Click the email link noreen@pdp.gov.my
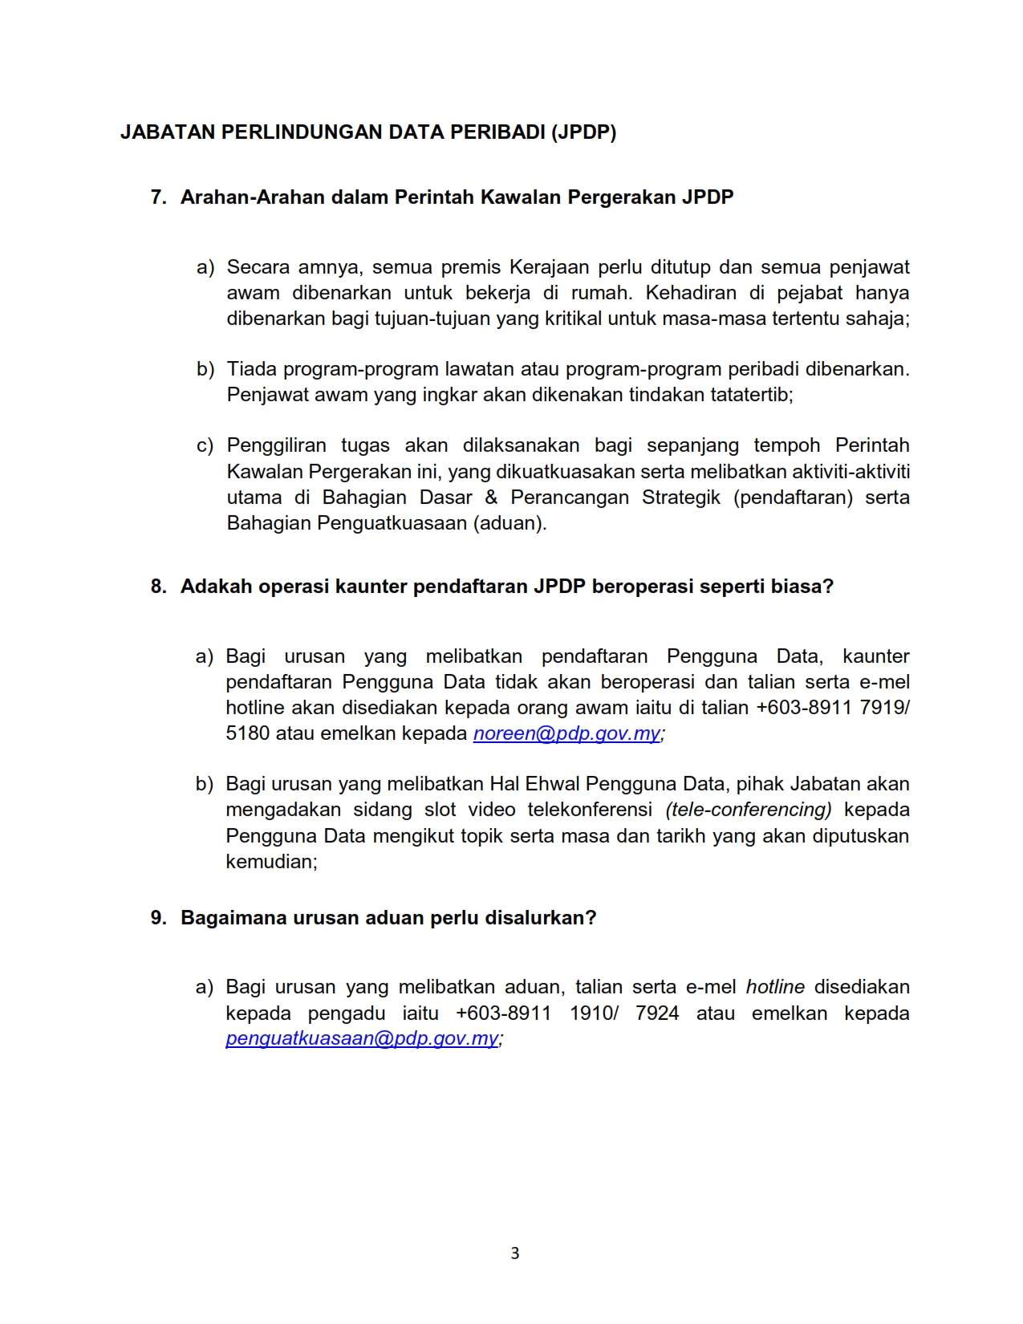(566, 733)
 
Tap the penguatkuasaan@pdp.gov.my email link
(362, 1038)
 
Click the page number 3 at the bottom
(514, 1253)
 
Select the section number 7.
(158, 197)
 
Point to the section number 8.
(158, 587)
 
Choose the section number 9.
(158, 918)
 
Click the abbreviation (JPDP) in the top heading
(583, 132)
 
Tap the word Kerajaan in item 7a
(550, 267)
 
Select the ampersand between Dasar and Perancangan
(491, 498)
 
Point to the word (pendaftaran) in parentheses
(793, 498)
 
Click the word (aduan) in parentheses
(509, 523)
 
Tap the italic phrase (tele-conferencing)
(749, 810)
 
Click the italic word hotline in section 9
(775, 987)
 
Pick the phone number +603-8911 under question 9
(503, 1013)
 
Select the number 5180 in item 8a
(247, 733)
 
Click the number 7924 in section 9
(657, 1013)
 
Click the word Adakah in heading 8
(213, 587)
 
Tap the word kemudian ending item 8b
(270, 862)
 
